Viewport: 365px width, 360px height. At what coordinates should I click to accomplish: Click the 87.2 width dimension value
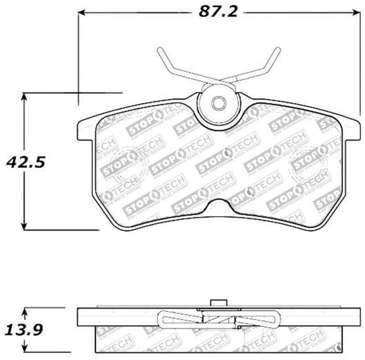[x=218, y=12]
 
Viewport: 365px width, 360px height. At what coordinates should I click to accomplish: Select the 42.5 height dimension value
[x=26, y=161]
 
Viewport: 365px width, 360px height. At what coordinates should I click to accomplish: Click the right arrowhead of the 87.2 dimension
[x=356, y=13]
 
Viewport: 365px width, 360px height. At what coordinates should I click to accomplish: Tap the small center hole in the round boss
[x=219, y=103]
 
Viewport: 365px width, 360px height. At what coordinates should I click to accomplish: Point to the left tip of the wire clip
[x=160, y=49]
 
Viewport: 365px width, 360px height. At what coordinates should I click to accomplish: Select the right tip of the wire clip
[x=278, y=49]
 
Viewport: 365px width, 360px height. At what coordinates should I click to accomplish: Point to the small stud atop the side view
[x=219, y=303]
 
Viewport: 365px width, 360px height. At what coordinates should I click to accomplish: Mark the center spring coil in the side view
[x=219, y=318]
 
